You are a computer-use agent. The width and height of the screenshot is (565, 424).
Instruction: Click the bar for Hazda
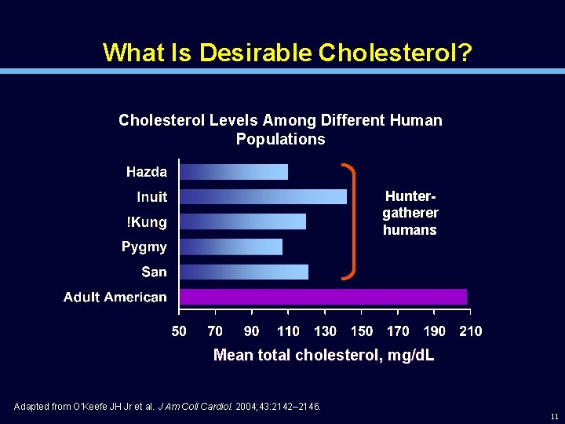pos(234,172)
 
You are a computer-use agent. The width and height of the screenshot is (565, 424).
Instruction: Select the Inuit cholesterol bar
pos(263,196)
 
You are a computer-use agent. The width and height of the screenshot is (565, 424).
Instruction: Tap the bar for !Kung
pos(242,221)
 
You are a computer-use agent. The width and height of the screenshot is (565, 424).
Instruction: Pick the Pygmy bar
pos(231,247)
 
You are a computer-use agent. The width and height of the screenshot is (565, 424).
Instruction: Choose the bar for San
pos(243,272)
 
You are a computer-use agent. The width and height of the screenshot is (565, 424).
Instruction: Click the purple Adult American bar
pos(323,297)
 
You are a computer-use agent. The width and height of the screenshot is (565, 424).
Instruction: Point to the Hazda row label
pos(147,172)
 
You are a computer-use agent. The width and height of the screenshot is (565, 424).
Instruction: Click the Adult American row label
pos(115,297)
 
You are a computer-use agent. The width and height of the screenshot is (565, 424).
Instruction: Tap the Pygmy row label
pos(144,247)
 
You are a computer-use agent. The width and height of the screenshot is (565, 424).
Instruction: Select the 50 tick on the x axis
pos(179,331)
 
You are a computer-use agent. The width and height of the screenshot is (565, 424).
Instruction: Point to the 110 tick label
pos(288,331)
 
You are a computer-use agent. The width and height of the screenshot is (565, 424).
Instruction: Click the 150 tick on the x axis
pos(361,331)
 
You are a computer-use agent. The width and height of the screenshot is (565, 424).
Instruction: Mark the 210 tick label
pos(470,331)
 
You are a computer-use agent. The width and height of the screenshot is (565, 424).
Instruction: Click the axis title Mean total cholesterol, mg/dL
pos(323,356)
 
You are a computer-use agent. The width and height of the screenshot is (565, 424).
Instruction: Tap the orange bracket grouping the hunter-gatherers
pos(351,221)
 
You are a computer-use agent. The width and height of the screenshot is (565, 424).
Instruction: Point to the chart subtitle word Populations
pos(280,139)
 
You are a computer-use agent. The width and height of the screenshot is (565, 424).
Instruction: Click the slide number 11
pos(554,416)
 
